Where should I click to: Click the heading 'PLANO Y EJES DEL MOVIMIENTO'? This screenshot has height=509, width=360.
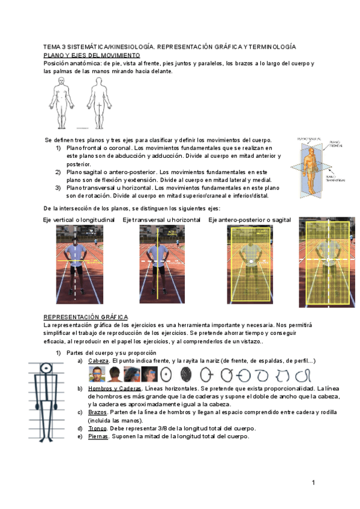(92, 55)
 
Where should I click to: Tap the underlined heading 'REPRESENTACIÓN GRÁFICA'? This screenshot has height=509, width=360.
(85, 316)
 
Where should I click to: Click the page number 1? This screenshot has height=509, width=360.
(313, 483)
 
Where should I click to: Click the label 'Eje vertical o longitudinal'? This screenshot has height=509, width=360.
(79, 220)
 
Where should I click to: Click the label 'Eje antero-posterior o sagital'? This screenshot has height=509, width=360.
(250, 220)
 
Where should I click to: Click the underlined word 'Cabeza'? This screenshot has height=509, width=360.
(98, 361)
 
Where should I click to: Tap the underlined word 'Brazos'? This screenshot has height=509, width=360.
(98, 412)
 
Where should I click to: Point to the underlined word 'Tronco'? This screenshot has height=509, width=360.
(98, 428)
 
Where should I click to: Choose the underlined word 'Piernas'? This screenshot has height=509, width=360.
(98, 436)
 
